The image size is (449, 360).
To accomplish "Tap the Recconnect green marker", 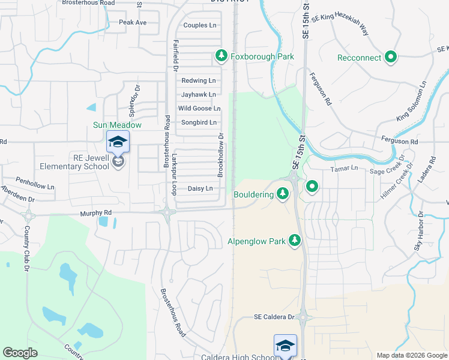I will [391, 58].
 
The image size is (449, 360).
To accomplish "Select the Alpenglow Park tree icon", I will [294, 241].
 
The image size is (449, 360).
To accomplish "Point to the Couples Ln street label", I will [199, 25].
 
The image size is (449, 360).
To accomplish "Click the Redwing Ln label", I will [198, 80].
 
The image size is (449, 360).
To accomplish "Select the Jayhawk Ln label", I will [198, 95].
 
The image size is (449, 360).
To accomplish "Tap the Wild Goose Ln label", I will [199, 109].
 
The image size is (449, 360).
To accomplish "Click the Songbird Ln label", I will [198, 122].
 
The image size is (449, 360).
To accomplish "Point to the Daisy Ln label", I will [200, 188].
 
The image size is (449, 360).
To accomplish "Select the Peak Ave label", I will [133, 23].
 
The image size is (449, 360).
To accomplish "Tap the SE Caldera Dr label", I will [274, 317].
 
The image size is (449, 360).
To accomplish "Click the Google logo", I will [20, 353].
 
